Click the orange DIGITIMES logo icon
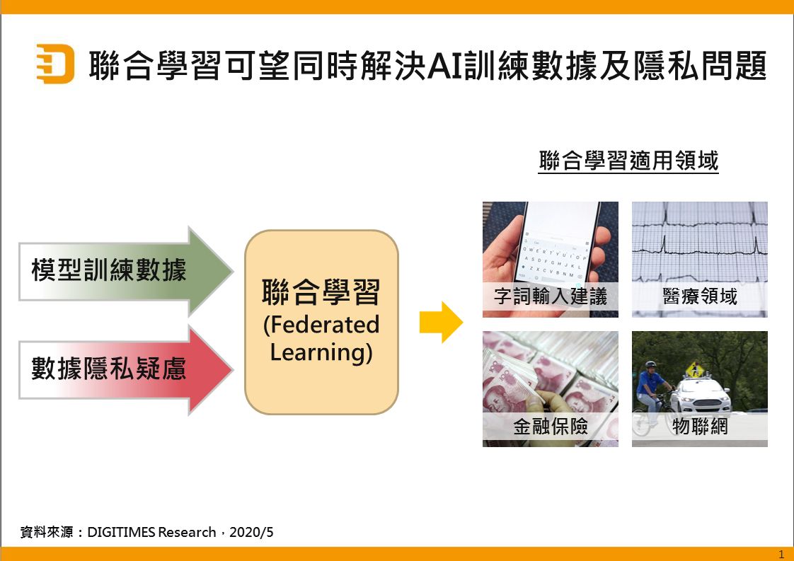[x=55, y=64]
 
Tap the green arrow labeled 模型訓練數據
[x=125, y=271]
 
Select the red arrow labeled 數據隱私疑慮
[x=125, y=370]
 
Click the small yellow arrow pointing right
[x=441, y=322]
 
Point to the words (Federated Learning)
[x=321, y=338]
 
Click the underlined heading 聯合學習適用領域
[x=628, y=161]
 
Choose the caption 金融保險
[x=551, y=427]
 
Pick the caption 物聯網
[x=700, y=427]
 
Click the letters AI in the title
[x=445, y=66]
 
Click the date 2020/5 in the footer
[x=251, y=532]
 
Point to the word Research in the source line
[x=187, y=532]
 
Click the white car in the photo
[x=701, y=395]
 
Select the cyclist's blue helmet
[x=650, y=364]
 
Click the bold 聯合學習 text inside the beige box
[x=321, y=292]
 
